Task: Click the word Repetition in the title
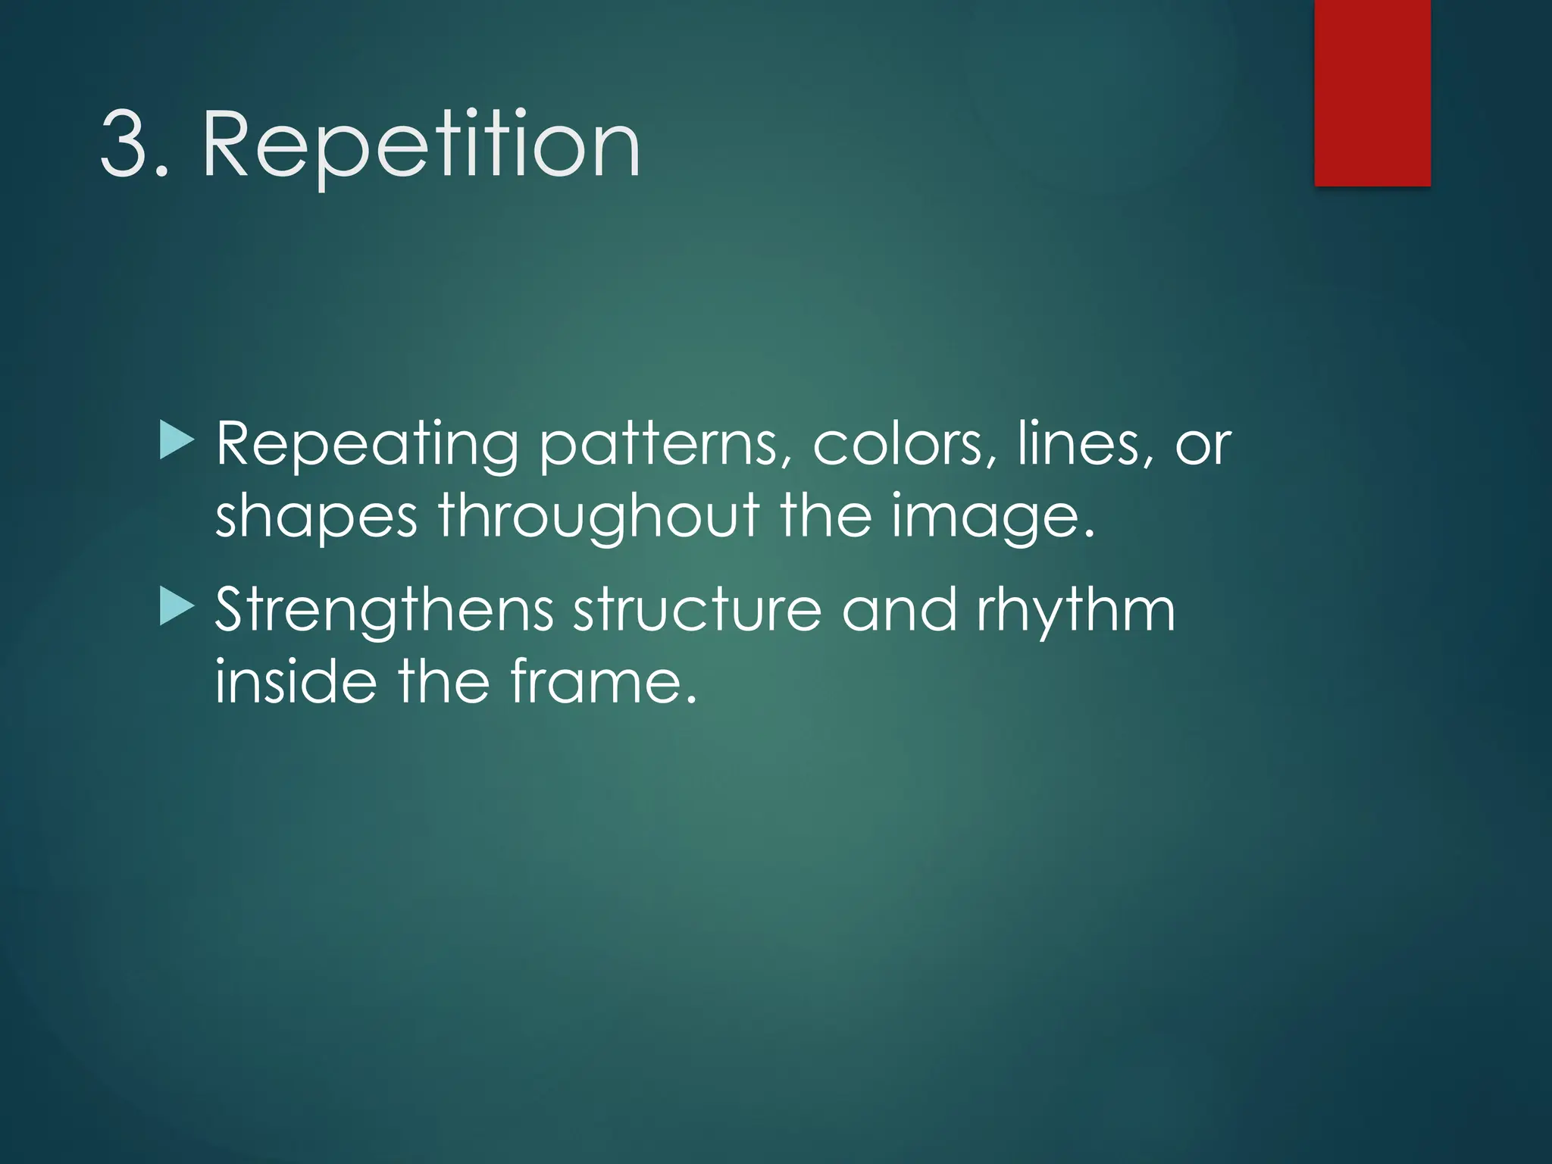point(421,145)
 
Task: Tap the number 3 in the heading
point(124,144)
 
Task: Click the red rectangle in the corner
point(1372,92)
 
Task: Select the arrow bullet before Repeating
point(177,441)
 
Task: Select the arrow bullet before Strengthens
point(177,609)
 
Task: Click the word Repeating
point(368,445)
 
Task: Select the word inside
point(296,681)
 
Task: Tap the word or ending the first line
point(1203,445)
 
